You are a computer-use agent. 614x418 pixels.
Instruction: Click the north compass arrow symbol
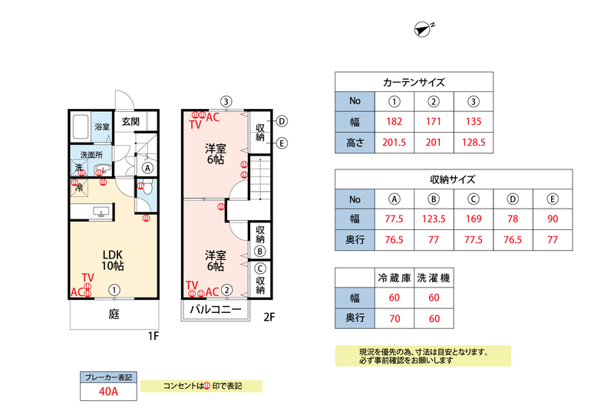tap(423, 29)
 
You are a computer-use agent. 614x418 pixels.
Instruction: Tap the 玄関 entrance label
tap(130, 121)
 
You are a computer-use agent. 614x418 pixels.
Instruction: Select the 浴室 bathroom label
tap(102, 127)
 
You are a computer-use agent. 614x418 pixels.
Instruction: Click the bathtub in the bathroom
tap(81, 127)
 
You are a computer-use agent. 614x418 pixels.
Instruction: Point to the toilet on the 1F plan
tap(147, 188)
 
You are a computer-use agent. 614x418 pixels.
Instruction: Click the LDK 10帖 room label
tap(113, 260)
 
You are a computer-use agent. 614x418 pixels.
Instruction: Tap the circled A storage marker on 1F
tap(147, 168)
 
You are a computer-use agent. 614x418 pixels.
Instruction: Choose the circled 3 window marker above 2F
tap(226, 102)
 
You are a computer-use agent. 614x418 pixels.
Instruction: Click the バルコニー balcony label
tap(216, 310)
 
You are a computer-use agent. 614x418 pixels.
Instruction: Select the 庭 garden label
tap(114, 314)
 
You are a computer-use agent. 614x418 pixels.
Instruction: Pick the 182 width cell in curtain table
tap(394, 121)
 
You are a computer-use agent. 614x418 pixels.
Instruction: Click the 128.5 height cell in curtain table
tap(474, 142)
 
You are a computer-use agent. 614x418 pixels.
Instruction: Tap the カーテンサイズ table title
tap(414, 82)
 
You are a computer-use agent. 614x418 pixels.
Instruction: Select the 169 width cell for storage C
tap(474, 219)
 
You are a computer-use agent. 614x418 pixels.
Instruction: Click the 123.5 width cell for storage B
tap(434, 219)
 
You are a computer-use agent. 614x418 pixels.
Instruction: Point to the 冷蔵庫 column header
tap(394, 278)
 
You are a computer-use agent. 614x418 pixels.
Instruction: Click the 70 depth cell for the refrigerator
tap(394, 318)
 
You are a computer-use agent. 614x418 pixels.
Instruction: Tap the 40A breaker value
tap(108, 391)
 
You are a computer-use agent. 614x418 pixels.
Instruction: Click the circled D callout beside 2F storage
tap(282, 121)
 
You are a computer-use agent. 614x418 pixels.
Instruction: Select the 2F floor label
tap(269, 317)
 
